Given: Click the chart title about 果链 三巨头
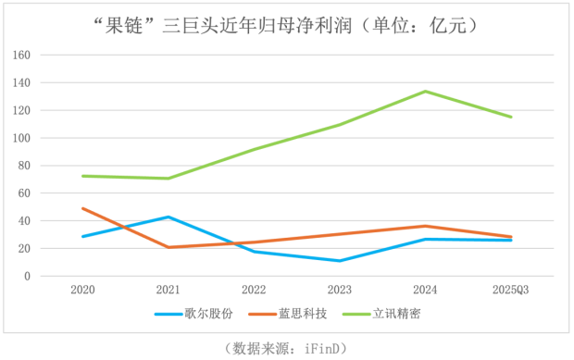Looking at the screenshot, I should click(286, 25).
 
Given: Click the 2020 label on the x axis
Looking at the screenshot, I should click(82, 290).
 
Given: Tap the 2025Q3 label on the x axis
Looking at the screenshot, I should click(509, 290).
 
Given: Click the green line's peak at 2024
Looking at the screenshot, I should click(425, 92).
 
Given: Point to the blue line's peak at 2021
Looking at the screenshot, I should click(168, 217).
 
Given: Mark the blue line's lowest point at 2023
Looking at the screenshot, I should click(339, 261).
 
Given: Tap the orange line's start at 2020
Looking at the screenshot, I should click(82, 208).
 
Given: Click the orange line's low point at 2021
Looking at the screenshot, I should click(168, 247).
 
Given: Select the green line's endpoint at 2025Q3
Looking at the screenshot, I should click(510, 117).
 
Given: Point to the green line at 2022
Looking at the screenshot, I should click(254, 149).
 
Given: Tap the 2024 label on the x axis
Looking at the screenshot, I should click(424, 290).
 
